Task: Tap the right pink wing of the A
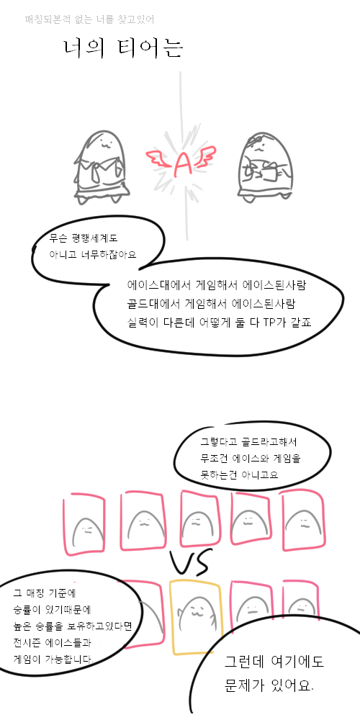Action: click(204, 156)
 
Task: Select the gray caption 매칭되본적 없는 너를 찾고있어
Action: click(89, 19)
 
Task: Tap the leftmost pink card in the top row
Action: click(84, 524)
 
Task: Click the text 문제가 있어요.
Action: click(269, 686)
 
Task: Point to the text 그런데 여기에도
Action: click(274, 662)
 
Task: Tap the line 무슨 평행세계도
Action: click(84, 239)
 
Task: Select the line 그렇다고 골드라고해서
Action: click(248, 443)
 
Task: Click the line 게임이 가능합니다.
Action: click(53, 660)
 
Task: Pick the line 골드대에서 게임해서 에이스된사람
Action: click(211, 304)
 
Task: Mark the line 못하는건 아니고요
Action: click(239, 474)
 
